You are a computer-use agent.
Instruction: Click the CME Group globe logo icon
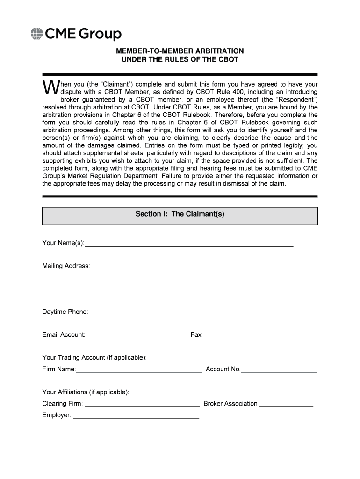[x=36, y=34]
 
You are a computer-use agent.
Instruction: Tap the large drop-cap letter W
[x=49, y=87]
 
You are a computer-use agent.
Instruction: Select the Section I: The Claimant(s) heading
[x=180, y=214]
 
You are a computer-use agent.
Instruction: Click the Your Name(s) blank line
[x=189, y=244]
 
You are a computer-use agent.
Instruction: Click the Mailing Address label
[x=66, y=266]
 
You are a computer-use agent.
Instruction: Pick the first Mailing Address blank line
[x=210, y=268]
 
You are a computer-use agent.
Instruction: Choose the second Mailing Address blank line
[x=210, y=291]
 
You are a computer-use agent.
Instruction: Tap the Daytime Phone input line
[x=210, y=314]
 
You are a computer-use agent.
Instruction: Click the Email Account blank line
[x=145, y=337]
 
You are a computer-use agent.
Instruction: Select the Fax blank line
[x=262, y=337]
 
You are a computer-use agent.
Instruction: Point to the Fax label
[x=196, y=335]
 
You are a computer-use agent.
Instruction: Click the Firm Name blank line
[x=139, y=371]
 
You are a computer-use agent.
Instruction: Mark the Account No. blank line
[x=279, y=371]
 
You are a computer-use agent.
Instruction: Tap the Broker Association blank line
[x=286, y=406]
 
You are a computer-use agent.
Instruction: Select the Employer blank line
[x=136, y=417]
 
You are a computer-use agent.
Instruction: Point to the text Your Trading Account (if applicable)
[x=94, y=358]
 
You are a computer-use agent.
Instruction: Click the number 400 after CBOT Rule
[x=236, y=92]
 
